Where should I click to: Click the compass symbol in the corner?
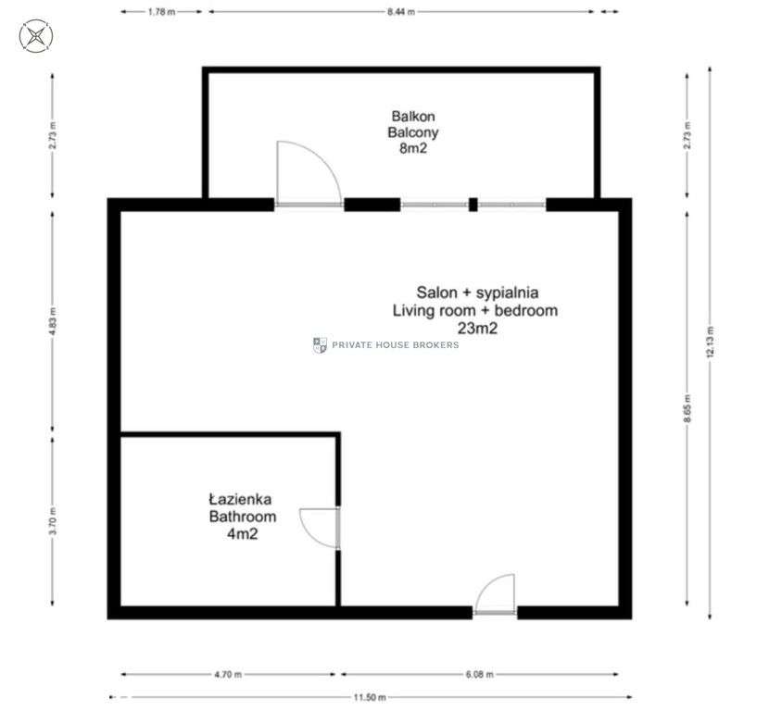36,36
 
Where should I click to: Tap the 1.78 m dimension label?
161,12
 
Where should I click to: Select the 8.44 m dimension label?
401,12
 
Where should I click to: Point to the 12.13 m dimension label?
710,342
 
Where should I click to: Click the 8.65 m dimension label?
687,408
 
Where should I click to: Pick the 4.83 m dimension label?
53,322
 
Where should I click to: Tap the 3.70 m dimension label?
53,521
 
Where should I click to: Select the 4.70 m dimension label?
228,674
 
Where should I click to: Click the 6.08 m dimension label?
479,674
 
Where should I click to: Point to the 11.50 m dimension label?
370,697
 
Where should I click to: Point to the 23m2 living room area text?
477,328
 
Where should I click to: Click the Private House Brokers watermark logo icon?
320,345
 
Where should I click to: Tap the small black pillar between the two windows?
473,205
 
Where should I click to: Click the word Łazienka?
240,499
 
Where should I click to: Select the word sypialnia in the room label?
508,293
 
